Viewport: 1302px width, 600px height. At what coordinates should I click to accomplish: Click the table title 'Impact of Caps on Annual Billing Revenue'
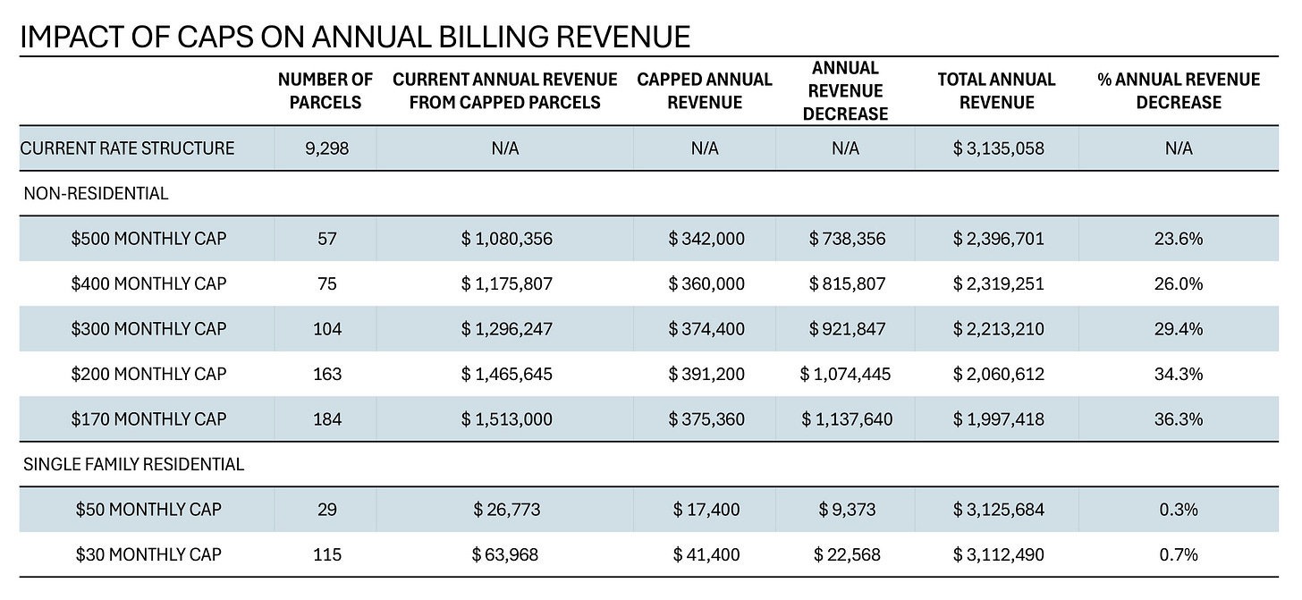[x=354, y=36]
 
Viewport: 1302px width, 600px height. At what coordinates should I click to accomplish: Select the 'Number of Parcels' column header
[x=325, y=90]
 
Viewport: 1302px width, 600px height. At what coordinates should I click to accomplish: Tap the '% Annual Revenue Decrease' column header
[x=1179, y=90]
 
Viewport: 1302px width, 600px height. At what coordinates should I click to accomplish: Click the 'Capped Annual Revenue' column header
[x=705, y=90]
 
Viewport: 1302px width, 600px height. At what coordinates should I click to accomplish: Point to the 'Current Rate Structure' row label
[x=127, y=148]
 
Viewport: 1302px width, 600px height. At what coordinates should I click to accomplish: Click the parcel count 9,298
[x=327, y=148]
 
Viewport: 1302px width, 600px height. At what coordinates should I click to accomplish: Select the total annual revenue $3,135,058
[x=998, y=148]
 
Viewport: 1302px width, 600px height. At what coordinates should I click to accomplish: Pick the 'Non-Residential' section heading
[x=97, y=193]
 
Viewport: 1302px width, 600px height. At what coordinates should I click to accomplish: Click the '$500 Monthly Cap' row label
[x=148, y=239]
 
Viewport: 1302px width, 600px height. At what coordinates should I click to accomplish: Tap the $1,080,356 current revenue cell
[x=506, y=239]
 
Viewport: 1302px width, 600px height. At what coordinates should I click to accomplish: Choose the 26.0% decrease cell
[x=1179, y=283]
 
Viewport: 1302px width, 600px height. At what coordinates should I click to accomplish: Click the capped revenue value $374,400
[x=706, y=329]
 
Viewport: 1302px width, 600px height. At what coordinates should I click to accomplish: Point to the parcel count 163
[x=327, y=374]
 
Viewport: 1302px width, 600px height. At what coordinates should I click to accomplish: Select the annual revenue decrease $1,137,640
[x=846, y=419]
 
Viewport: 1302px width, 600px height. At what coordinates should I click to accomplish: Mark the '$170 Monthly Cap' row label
[x=148, y=419]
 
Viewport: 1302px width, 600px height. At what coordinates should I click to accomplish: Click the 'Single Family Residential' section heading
[x=132, y=465]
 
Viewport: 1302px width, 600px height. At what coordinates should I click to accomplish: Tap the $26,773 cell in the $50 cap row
[x=506, y=510]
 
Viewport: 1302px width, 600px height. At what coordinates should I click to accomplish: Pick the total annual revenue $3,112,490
[x=998, y=555]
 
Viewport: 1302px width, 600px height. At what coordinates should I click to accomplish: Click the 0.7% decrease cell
[x=1179, y=555]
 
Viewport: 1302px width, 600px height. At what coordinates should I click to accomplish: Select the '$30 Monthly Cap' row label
[x=148, y=555]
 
